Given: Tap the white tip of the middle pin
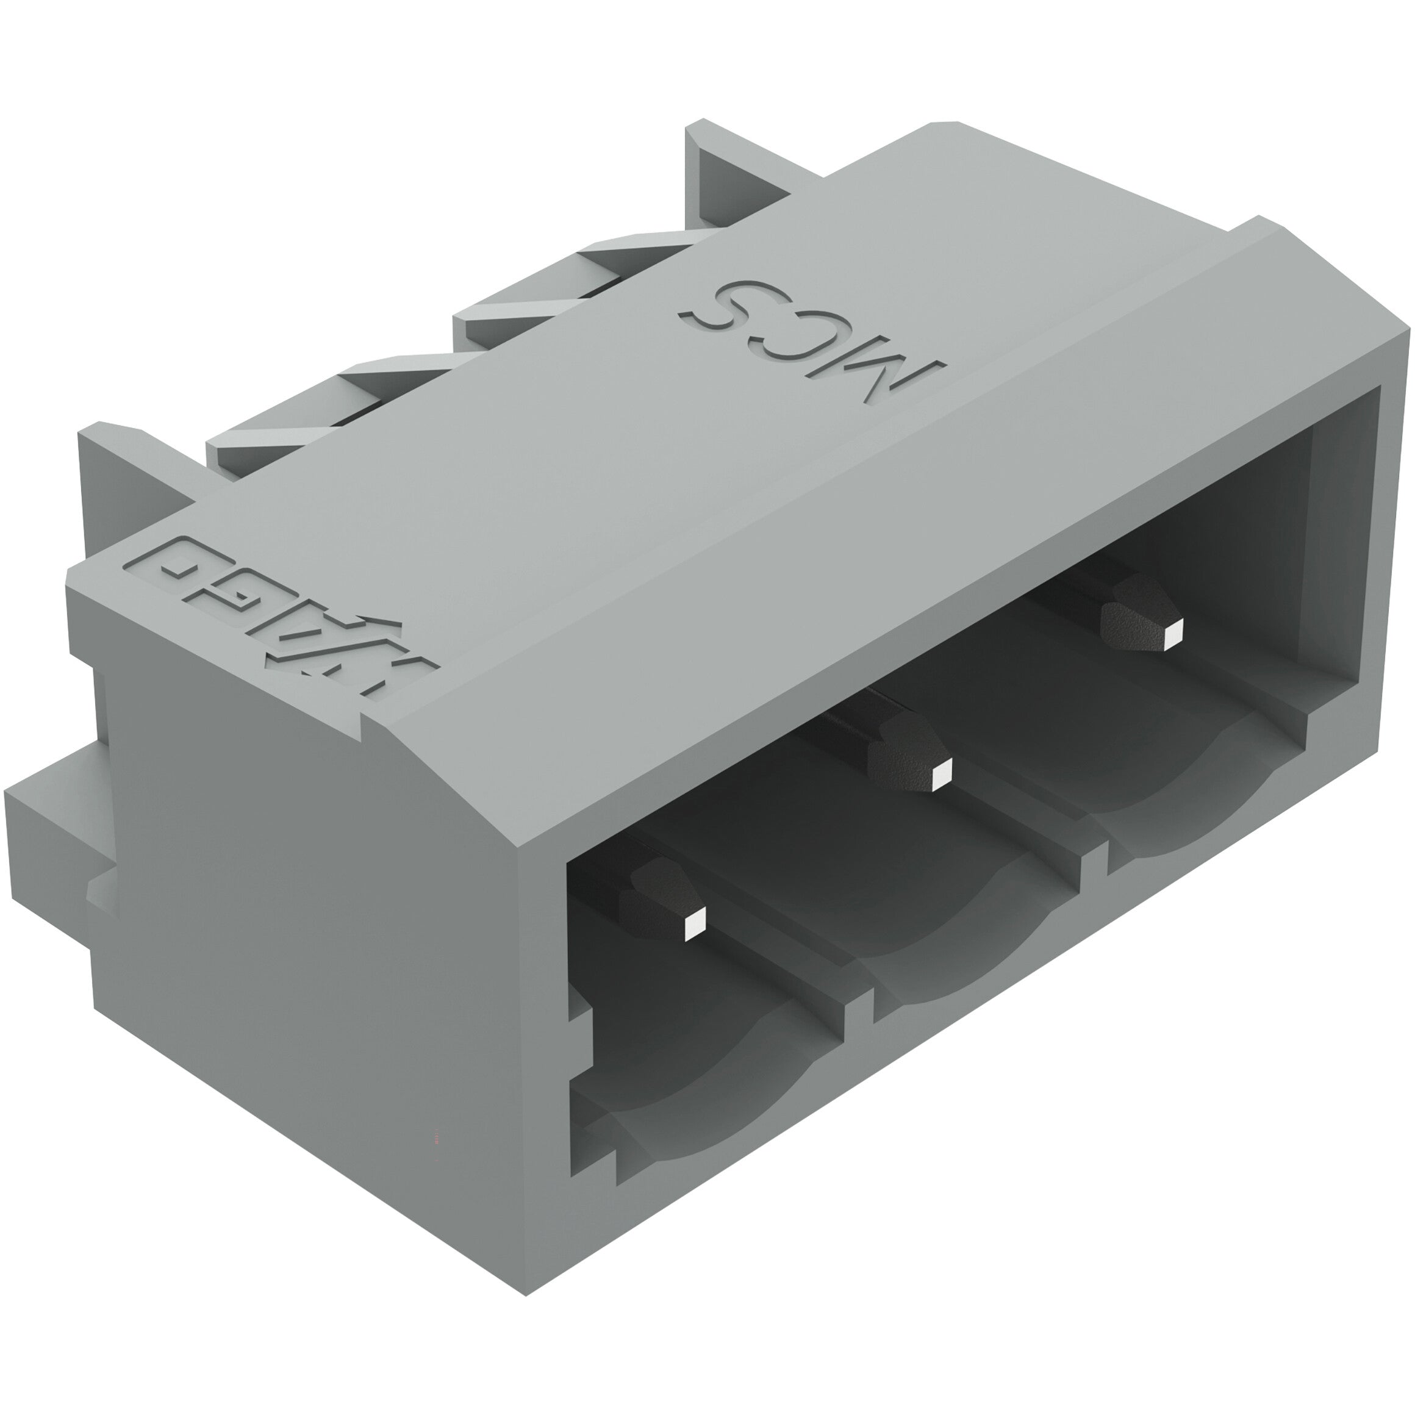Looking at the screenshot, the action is (941, 773).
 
